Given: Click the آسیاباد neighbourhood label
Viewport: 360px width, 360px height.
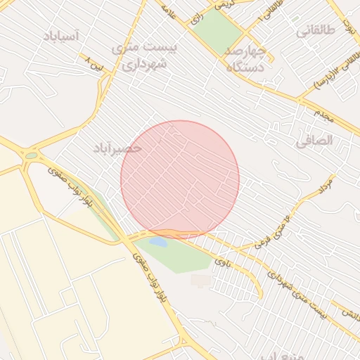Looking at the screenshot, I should click(61, 35).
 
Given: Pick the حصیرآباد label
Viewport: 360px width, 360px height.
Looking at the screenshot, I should click(117, 148).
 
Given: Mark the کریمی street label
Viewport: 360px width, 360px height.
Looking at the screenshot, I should click(224, 4).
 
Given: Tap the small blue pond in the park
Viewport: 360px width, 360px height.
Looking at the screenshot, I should click(158, 243).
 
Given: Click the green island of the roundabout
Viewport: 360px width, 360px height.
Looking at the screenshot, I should click(31, 156).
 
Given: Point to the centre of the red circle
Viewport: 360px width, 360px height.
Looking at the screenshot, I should click(180, 179).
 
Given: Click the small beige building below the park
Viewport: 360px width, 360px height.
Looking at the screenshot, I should click(200, 281).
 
